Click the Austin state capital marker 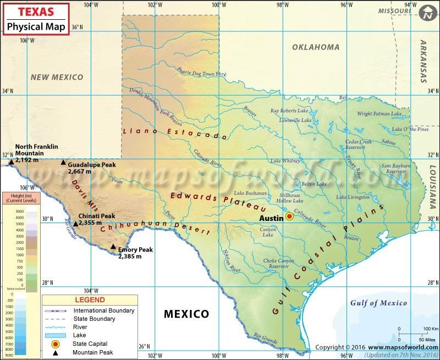pyautogui.click(x=289, y=217)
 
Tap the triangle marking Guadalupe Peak pyautogui.click(x=63, y=163)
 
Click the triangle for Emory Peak pyautogui.click(x=113, y=247)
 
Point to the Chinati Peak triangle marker pyautogui.click(x=75, y=224)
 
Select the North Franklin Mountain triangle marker pyautogui.click(x=10, y=162)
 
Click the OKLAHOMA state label pyautogui.click(x=315, y=47)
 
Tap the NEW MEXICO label pyautogui.click(x=57, y=77)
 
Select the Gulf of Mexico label pyautogui.click(x=378, y=303)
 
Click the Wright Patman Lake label pyautogui.click(x=379, y=114)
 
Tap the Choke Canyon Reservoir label pyautogui.click(x=278, y=263)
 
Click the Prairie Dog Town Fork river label pyautogui.click(x=201, y=72)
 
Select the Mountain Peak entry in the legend pyautogui.click(x=91, y=353)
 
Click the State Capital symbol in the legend pyautogui.click(x=54, y=344)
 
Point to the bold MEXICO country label pyautogui.click(x=186, y=314)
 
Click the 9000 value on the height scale pyautogui.click(x=19, y=211)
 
